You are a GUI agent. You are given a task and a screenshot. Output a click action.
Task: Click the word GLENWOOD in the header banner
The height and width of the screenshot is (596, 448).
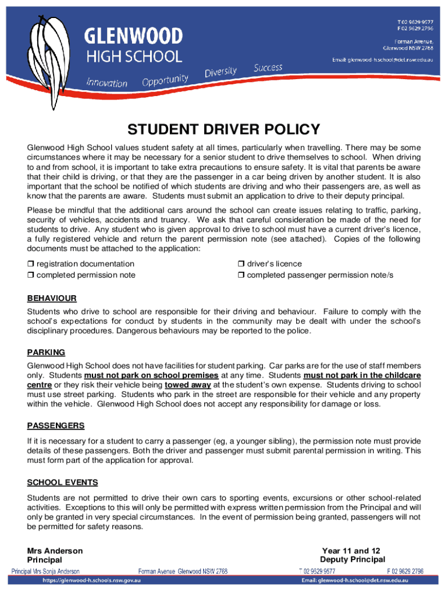pyautogui.click(x=134, y=38)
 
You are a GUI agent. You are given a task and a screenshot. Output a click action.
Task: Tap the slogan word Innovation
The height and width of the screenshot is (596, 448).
pyautogui.click(x=107, y=83)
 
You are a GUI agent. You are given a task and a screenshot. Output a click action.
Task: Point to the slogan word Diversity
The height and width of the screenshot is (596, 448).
pyautogui.click(x=221, y=72)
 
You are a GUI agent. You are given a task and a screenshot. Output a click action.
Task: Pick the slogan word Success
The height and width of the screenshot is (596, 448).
pyautogui.click(x=268, y=68)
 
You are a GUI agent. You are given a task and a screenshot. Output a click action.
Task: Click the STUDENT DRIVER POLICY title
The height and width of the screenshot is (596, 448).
pyautogui.click(x=224, y=129)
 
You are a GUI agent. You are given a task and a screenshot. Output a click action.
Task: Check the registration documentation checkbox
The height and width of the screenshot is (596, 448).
pyautogui.click(x=31, y=264)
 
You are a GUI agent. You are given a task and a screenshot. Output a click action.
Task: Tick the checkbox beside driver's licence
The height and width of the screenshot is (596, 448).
pyautogui.click(x=240, y=264)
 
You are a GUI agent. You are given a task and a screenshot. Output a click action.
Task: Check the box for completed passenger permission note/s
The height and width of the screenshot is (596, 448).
pyautogui.click(x=240, y=275)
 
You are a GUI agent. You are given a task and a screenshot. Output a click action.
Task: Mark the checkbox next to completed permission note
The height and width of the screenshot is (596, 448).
pyautogui.click(x=31, y=275)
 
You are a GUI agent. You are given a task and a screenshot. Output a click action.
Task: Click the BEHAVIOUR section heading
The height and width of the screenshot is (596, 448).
pyautogui.click(x=52, y=299)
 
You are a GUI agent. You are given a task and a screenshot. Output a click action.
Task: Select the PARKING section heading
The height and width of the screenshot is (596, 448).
pyautogui.click(x=46, y=353)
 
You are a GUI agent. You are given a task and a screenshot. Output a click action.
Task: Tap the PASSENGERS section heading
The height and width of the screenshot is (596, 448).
pyautogui.click(x=56, y=425)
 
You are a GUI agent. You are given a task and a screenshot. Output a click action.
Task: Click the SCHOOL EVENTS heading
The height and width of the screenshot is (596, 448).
pyautogui.click(x=62, y=483)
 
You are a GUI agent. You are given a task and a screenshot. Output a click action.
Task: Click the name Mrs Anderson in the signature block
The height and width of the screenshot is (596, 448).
pyautogui.click(x=55, y=551)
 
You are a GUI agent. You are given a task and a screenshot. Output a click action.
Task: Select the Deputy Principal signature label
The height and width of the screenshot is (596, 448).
pyautogui.click(x=353, y=560)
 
